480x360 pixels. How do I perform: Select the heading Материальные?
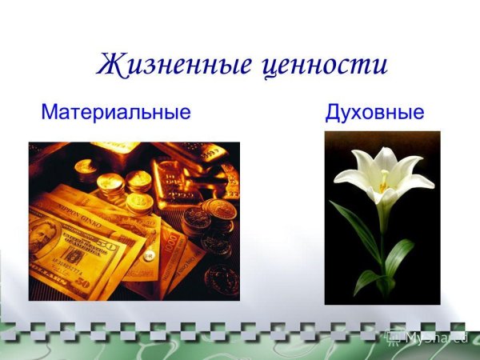[x=116, y=111]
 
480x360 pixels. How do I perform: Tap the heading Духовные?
[x=374, y=111]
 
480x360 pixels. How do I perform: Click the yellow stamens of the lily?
[x=384, y=179]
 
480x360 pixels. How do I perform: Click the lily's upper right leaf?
[x=399, y=256]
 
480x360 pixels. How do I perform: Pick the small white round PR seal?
[x=148, y=254]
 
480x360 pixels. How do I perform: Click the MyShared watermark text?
[x=435, y=337]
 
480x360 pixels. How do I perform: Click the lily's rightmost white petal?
[x=419, y=182]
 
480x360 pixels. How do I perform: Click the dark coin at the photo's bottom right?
[x=220, y=280]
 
